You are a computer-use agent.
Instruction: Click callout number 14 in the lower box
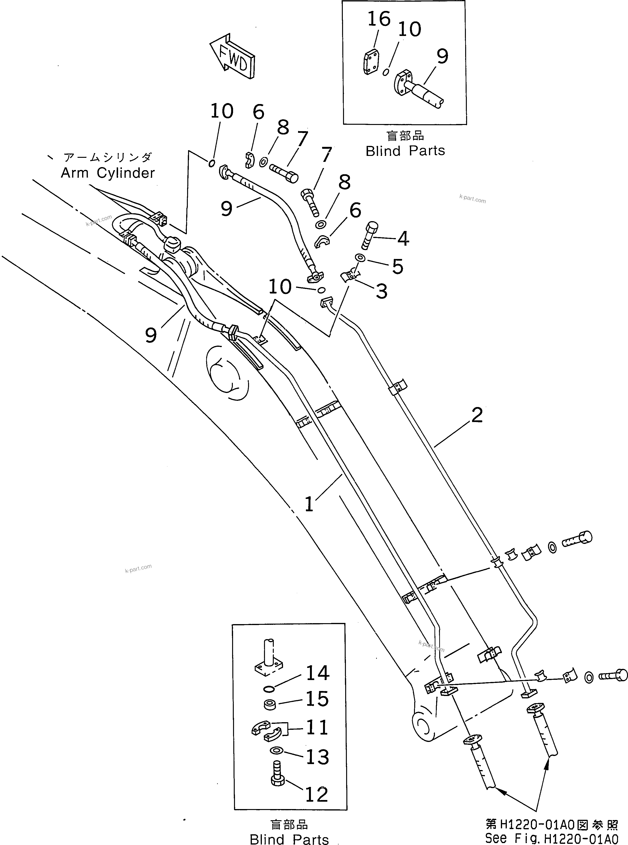coord(317,673)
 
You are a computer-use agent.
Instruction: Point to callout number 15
coord(317,699)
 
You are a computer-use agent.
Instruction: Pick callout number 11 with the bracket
coord(317,728)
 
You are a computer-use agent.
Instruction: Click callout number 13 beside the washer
coord(317,757)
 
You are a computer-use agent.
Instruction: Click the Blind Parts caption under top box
coord(405,151)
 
